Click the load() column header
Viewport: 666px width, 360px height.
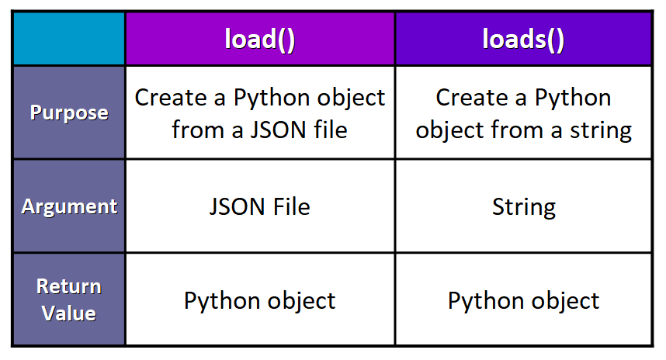260,39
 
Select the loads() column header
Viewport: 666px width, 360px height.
523,39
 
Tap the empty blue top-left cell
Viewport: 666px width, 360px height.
69,39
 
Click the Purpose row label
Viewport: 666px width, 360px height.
69,113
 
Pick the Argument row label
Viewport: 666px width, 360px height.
69,206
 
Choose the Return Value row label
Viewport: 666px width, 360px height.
69,299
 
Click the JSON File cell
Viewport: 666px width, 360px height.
260,206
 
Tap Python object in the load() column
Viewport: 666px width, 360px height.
260,301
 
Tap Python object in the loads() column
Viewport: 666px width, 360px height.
523,301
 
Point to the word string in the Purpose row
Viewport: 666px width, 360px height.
601,131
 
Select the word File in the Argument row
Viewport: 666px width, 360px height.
292,206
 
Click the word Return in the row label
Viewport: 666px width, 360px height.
69,286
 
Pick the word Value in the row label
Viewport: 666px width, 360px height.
69,313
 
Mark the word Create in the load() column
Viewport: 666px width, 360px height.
171,98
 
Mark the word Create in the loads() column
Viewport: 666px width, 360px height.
472,98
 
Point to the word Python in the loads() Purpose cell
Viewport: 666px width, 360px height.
573,99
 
